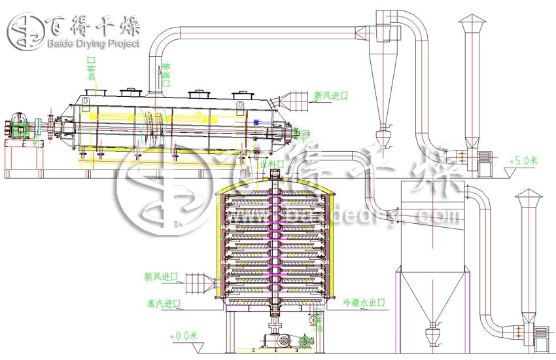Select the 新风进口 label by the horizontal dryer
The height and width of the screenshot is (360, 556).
331,96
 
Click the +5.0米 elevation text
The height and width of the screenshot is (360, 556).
523,159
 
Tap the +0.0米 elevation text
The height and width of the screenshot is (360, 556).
187,334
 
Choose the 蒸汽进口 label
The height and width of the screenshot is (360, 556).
164,303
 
